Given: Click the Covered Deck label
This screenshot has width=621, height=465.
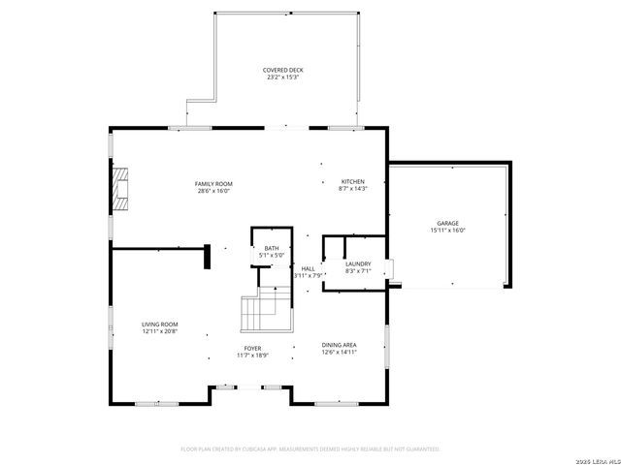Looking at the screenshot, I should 281,70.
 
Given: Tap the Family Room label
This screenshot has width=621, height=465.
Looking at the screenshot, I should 213,183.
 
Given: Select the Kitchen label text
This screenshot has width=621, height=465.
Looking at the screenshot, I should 351,182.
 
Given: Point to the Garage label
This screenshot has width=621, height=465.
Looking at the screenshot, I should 447,223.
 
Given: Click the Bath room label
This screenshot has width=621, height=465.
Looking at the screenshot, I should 271,249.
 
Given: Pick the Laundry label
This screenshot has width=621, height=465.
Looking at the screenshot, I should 358,263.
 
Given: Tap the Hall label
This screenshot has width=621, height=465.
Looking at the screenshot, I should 308,268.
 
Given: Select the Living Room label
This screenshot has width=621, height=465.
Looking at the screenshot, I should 160,325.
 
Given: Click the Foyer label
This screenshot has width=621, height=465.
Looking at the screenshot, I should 252,348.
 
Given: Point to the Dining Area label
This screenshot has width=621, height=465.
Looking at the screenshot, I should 340,345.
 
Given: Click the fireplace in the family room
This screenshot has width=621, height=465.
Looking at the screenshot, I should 119,188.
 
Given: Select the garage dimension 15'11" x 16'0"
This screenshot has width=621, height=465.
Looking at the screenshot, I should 448,231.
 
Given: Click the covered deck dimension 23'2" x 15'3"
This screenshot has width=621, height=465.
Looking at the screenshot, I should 281,77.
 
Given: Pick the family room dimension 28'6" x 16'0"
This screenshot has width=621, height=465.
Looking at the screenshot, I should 213,191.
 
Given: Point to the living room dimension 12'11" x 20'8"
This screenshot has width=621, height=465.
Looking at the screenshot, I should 160,332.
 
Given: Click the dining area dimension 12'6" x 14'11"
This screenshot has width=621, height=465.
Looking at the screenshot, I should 340,353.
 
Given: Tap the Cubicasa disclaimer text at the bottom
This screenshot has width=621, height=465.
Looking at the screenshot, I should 310,449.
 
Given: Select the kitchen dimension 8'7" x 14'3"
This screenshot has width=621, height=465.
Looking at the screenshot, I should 351,190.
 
